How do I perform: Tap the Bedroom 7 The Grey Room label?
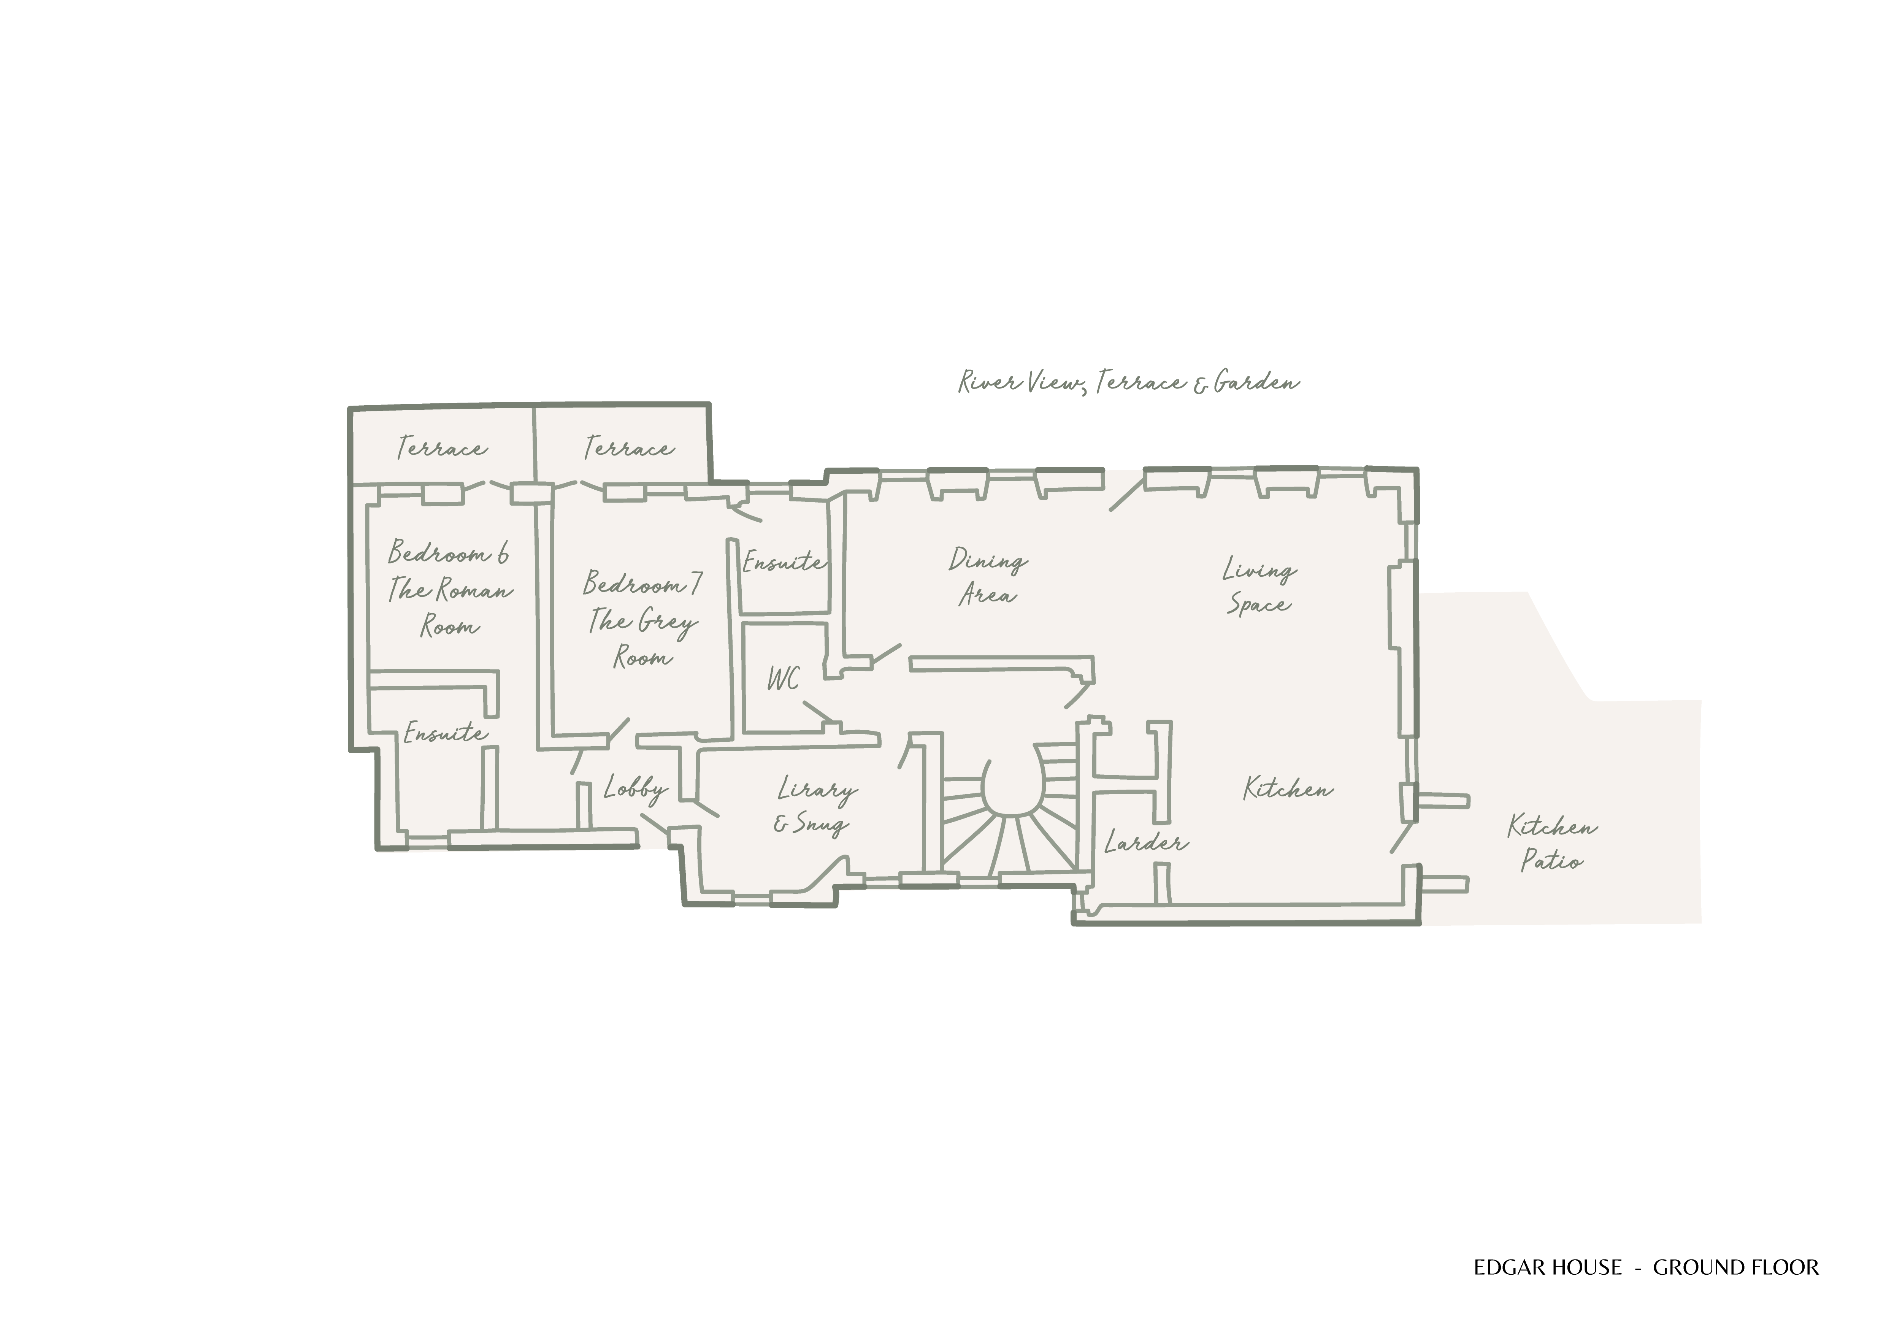coord(642,620)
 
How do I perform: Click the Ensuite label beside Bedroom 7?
coord(783,563)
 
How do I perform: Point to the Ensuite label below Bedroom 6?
coord(444,733)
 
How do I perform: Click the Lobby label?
coord(635,788)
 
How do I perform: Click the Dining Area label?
coord(987,577)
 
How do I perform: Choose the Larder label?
coord(1145,842)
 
